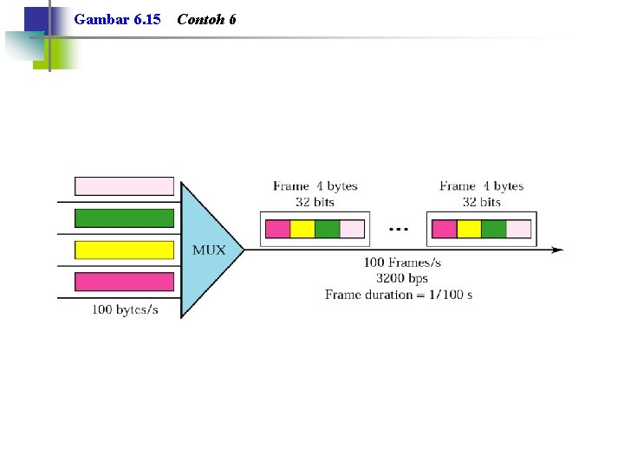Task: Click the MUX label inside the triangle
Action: coord(209,250)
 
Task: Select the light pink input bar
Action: coord(124,186)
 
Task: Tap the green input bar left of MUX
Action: coord(124,218)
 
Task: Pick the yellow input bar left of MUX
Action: coord(124,250)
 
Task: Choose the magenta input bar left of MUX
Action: coord(124,282)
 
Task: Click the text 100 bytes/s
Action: coord(125,309)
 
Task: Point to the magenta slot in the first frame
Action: coord(278,229)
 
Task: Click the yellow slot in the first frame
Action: coord(302,229)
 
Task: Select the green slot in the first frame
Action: coord(327,229)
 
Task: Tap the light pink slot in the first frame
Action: coord(352,229)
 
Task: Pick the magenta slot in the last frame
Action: coord(444,229)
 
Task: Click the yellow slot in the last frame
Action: coord(469,229)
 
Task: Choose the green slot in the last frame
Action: coord(494,229)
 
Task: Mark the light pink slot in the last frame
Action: coord(518,229)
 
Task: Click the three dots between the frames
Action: coord(399,229)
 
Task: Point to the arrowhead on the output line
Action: coord(557,250)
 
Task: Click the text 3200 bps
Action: coord(402,278)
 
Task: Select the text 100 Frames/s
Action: coord(402,263)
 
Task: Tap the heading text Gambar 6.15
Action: coord(117,19)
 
